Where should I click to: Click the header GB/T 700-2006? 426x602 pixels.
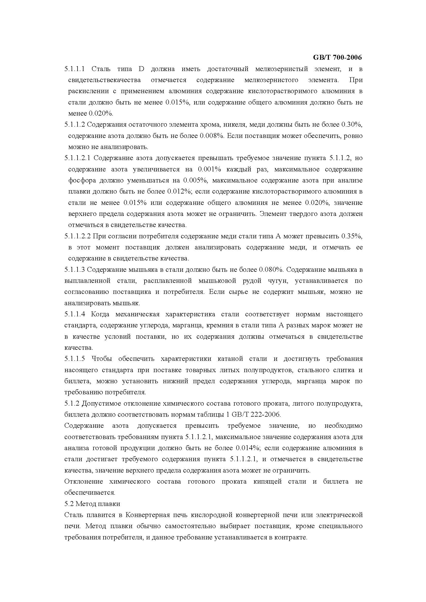[337, 57]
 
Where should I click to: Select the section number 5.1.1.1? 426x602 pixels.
[74, 69]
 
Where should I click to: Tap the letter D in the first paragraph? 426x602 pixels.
[141, 69]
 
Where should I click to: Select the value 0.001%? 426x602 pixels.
[209, 169]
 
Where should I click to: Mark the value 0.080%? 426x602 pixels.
[271, 269]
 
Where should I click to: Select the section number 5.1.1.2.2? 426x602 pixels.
[77, 236]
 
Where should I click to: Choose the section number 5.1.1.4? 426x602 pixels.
[74, 314]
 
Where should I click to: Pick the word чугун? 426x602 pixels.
[278, 281]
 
